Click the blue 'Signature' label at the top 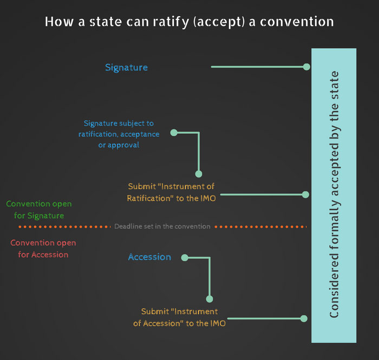126,68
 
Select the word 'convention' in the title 297,22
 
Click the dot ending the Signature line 306,67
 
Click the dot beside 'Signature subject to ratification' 174,133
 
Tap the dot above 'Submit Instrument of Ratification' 199,174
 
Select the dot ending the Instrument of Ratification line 305,194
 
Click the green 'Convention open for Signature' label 39,210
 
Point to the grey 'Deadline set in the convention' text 162,226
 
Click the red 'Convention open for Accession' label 43,248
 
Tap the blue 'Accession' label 149,257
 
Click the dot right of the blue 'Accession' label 185,258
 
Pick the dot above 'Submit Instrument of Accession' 210,299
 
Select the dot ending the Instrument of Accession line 304,318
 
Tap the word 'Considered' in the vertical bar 334,286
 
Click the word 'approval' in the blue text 123,145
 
